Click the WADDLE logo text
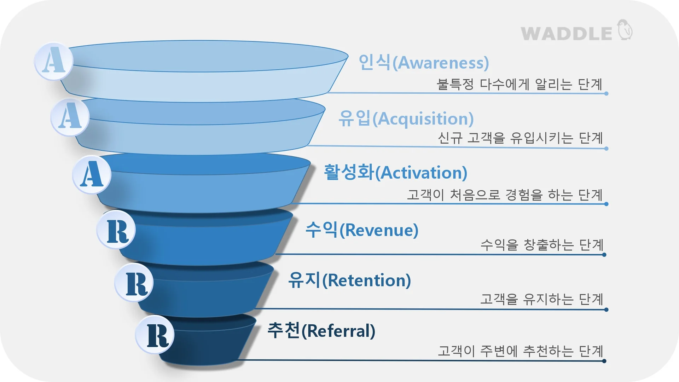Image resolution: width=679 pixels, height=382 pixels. [x=566, y=34]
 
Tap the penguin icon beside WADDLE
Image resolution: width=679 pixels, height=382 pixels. [x=625, y=30]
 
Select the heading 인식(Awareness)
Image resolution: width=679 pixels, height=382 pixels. [x=423, y=63]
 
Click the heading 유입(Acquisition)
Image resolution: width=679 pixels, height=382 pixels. [x=406, y=118]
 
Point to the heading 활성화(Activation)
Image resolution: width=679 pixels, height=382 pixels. [x=395, y=173]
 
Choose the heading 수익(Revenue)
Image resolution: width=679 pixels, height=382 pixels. [x=362, y=230]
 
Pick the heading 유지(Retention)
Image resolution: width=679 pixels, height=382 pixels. [x=349, y=280]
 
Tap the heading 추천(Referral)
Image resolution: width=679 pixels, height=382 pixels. [x=321, y=331]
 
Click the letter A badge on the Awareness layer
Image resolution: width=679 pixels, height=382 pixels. [x=54, y=61]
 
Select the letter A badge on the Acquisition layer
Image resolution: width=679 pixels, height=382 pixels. [x=70, y=117]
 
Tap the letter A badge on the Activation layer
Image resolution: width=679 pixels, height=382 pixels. [x=92, y=174]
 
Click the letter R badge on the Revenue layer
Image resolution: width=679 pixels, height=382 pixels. [x=116, y=230]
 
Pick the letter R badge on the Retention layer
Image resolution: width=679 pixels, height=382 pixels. [x=134, y=283]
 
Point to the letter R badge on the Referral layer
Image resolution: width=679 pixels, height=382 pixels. [x=155, y=335]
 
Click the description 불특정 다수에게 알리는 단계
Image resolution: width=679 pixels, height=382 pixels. [x=519, y=84]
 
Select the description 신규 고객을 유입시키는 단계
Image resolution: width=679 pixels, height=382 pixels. [x=520, y=138]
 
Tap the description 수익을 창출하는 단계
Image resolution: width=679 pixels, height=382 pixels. [x=541, y=245]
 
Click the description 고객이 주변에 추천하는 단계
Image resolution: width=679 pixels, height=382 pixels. [x=520, y=351]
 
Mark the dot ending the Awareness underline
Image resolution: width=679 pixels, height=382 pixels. [x=606, y=94]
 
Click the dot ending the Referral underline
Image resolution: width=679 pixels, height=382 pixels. [x=604, y=361]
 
